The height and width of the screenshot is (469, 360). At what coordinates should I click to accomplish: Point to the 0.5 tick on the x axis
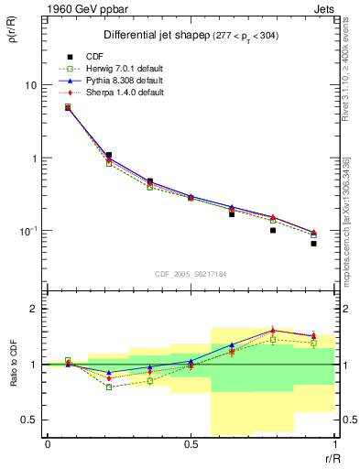click(191, 444)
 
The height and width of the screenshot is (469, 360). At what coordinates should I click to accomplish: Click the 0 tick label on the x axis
click(48, 444)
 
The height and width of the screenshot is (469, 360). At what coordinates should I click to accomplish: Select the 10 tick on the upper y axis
click(30, 85)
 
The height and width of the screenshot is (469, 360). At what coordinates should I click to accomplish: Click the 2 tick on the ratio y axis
click(32, 309)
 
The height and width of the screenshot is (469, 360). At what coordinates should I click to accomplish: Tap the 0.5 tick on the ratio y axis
click(28, 420)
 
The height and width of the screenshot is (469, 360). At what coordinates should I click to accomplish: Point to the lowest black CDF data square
click(313, 244)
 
